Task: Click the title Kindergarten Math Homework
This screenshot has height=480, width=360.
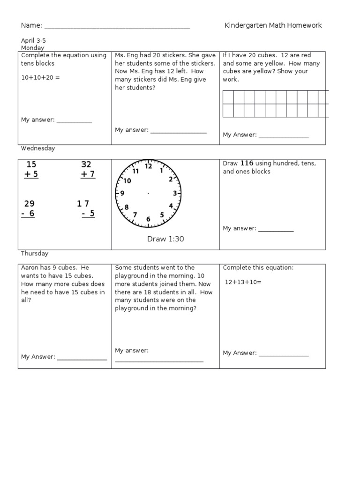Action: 273,25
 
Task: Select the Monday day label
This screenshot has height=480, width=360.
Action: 33,48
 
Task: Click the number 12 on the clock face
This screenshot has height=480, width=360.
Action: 149,166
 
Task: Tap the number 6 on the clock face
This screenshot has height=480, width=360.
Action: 148,219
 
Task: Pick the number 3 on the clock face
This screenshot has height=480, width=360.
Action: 175,193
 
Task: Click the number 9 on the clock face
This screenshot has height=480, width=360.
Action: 122,193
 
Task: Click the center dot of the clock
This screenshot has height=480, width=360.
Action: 149,193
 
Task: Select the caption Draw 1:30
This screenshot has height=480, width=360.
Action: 165,239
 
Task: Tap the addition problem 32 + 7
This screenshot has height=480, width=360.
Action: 87,170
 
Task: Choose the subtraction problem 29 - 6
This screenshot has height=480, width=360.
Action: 30,209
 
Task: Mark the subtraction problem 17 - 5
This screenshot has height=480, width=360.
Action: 85,209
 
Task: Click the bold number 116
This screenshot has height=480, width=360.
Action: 247,163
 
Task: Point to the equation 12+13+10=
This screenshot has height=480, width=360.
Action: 243,282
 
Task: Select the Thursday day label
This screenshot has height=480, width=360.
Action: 35,254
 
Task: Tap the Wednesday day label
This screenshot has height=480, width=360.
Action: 38,148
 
